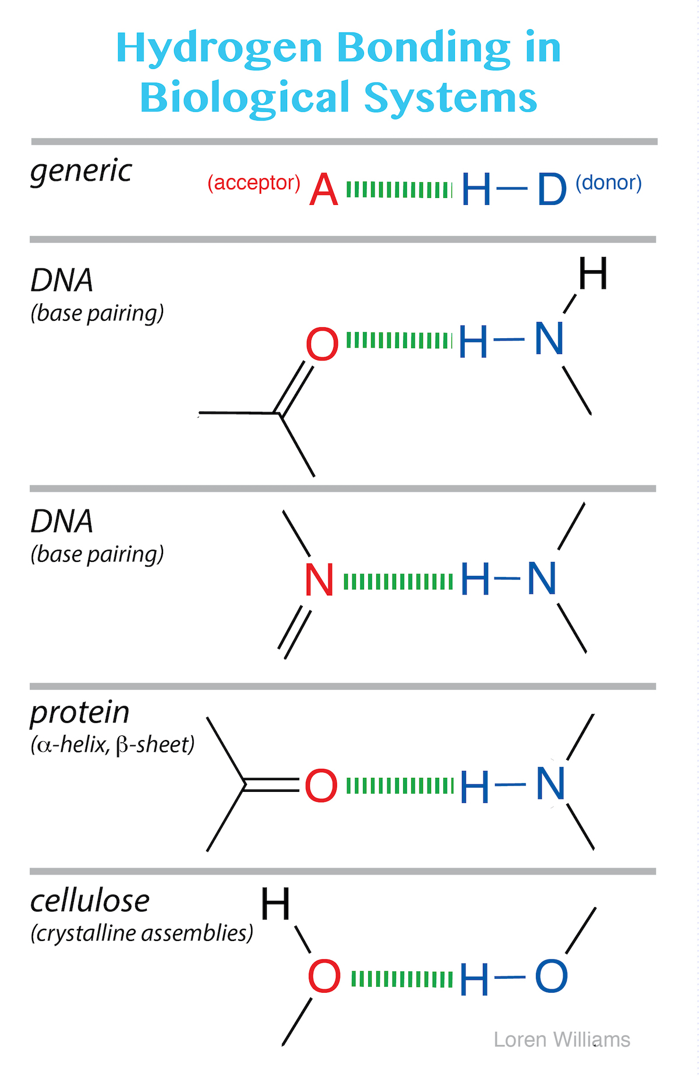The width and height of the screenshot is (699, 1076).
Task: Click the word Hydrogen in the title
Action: pyautogui.click(x=218, y=49)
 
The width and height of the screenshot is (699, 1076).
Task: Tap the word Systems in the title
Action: pyautogui.click(x=450, y=98)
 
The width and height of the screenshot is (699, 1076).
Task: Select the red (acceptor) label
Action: pyautogui.click(x=254, y=183)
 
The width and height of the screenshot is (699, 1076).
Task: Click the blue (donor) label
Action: pyautogui.click(x=608, y=183)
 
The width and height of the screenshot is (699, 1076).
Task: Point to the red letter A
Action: pyautogui.click(x=323, y=190)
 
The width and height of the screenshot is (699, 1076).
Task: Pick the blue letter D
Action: pyautogui.click(x=551, y=190)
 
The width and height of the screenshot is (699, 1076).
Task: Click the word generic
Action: pyautogui.click(x=81, y=171)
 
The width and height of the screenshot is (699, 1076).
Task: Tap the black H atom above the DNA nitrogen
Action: pyautogui.click(x=593, y=274)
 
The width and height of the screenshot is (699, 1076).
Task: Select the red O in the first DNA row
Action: pyautogui.click(x=322, y=345)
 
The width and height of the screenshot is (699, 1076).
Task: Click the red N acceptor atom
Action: pyautogui.click(x=319, y=581)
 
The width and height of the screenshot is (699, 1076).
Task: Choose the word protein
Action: pyautogui.click(x=80, y=713)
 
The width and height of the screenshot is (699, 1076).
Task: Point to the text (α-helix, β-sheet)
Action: pyautogui.click(x=112, y=745)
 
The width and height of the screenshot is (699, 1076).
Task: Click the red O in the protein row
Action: pyautogui.click(x=321, y=786)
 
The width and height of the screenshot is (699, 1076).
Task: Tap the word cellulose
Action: pyautogui.click(x=90, y=901)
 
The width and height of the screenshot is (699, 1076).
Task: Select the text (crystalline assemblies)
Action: pyautogui.click(x=142, y=933)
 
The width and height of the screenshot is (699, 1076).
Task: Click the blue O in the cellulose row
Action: pyautogui.click(x=551, y=976)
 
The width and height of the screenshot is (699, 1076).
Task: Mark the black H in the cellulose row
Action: pyautogui.click(x=275, y=904)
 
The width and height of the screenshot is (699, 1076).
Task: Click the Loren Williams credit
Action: pyautogui.click(x=562, y=1039)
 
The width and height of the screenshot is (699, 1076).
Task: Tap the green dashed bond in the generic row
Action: pyautogui.click(x=399, y=190)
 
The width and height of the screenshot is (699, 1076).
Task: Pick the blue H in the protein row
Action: pyautogui.click(x=474, y=787)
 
